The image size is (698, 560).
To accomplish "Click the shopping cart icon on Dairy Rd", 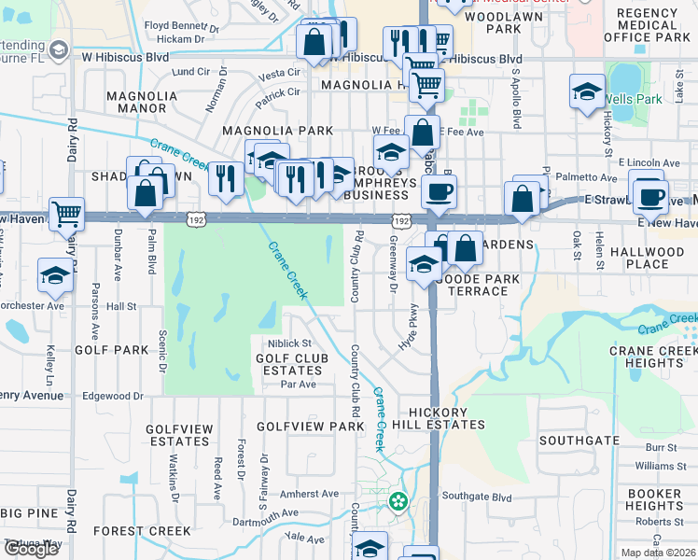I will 67,214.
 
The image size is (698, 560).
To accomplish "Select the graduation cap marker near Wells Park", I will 587,91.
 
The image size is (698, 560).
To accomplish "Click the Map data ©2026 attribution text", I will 660,553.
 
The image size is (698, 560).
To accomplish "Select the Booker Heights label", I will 654,499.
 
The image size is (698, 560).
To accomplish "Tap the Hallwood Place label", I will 647,258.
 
